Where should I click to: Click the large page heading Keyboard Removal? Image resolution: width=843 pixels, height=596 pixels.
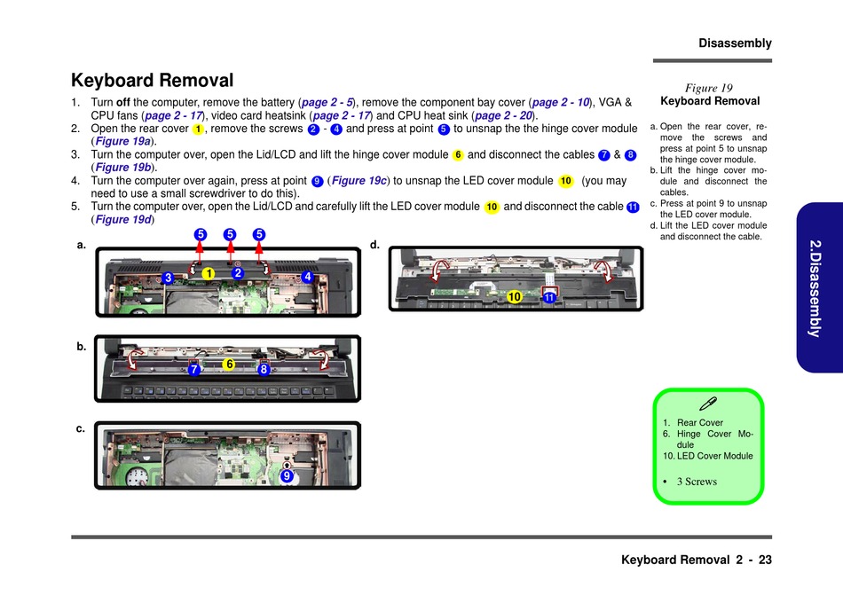tap(152, 81)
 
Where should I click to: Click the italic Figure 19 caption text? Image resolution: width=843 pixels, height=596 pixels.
tap(709, 88)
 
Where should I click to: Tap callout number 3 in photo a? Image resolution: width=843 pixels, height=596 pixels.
tap(167, 278)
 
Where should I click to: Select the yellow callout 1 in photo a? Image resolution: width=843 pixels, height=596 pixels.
tap(208, 274)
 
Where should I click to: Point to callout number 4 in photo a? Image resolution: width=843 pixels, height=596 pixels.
tap(308, 277)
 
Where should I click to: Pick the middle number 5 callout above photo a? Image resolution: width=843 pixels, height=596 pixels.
tap(230, 235)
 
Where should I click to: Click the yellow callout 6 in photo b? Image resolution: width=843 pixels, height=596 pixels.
tap(228, 365)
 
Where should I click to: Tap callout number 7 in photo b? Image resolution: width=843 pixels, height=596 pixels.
tap(194, 370)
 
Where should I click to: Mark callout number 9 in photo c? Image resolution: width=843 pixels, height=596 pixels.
tap(287, 476)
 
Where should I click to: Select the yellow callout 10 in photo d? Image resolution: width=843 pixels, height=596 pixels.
tap(513, 297)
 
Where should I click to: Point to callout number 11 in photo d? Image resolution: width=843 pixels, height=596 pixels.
tap(549, 298)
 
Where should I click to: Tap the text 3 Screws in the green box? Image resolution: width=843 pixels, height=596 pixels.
tap(697, 482)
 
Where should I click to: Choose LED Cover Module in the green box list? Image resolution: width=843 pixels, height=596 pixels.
tap(714, 456)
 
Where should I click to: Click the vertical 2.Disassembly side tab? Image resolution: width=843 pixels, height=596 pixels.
tap(814, 287)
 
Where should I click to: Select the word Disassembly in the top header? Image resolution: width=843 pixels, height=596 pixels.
tap(735, 43)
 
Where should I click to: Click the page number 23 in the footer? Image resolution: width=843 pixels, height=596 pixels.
tap(765, 560)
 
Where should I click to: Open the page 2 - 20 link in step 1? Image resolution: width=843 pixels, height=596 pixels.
tap(503, 115)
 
